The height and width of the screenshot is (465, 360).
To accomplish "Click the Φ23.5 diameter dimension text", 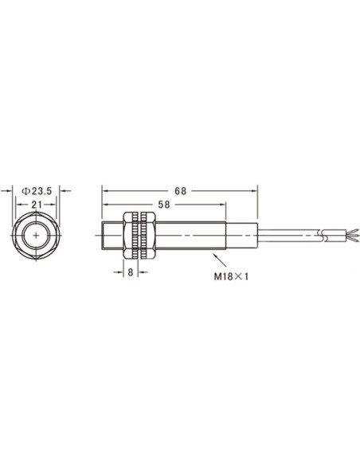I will point(37,191).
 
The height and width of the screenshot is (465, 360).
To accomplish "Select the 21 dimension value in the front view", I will point(37,205).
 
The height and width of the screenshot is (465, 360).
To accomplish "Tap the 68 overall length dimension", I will point(181,191).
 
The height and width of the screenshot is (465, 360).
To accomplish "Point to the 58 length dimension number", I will point(164,205).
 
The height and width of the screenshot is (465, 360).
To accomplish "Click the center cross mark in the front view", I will point(36,236).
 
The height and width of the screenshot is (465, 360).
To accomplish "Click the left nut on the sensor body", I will point(130,236).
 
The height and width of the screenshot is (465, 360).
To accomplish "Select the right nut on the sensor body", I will point(149,236).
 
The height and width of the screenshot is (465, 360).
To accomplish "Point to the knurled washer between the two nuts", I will point(139,236).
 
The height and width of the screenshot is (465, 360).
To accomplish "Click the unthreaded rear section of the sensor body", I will point(242,236).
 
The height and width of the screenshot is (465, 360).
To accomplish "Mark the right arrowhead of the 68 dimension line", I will point(254,191).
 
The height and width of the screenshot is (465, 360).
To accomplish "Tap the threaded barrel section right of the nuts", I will point(191,236).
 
